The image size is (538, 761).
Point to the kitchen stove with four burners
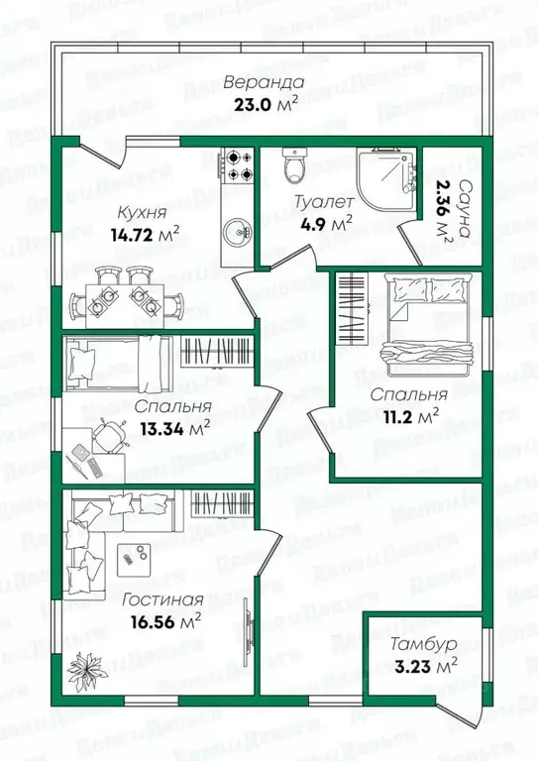237,166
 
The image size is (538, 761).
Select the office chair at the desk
108,433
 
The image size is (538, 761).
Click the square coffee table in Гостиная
132,559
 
